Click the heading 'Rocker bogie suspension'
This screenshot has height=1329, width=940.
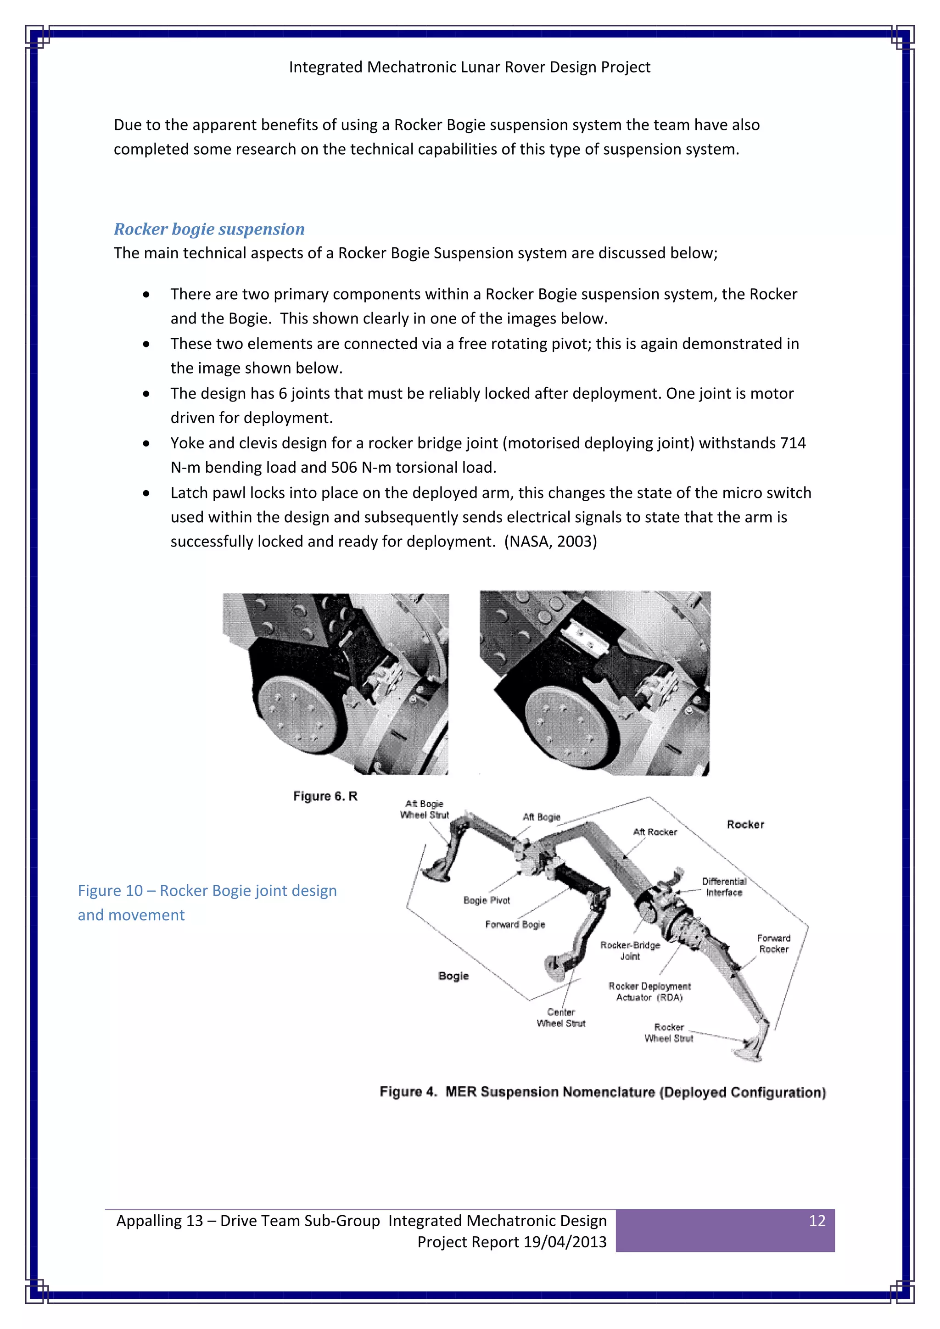[x=209, y=229]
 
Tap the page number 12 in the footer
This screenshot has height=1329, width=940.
[x=817, y=1221]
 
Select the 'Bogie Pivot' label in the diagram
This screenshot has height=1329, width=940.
[x=487, y=900]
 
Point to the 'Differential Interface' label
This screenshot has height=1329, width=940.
[x=724, y=887]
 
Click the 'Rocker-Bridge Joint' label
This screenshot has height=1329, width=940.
[x=630, y=950]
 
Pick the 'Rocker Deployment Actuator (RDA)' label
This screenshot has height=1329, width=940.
[x=649, y=992]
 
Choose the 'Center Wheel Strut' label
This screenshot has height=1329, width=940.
[x=561, y=1017]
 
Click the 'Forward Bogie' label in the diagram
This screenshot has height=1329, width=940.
[x=515, y=924]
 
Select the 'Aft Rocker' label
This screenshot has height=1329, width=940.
[x=655, y=832]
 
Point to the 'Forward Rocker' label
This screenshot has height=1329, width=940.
[x=774, y=944]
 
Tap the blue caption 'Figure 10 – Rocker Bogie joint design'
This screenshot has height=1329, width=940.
[x=207, y=891]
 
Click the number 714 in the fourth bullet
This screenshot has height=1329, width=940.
[x=793, y=443]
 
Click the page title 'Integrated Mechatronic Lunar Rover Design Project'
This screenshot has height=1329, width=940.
[x=470, y=67]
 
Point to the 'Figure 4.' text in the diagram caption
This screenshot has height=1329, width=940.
[x=408, y=1092]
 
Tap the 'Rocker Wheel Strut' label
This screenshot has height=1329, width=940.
[x=669, y=1033]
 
